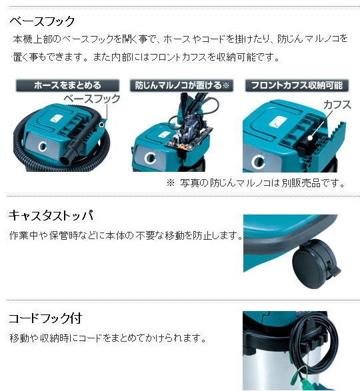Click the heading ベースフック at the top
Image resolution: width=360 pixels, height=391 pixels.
[42, 21]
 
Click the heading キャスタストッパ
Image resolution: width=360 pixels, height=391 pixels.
[51, 215]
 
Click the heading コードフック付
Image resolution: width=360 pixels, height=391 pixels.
[45, 318]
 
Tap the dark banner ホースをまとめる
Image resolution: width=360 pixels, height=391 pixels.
[67, 85]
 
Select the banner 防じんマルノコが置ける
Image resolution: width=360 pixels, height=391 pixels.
[182, 85]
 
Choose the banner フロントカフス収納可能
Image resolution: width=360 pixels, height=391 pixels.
[297, 85]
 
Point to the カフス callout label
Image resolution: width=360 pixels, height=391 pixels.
[337, 105]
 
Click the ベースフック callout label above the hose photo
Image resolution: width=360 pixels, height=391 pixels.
[92, 99]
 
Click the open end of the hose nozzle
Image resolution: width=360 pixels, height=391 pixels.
[65, 158]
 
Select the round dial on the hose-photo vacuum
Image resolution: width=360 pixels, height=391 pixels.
[43, 146]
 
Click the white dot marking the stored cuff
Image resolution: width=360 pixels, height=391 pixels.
[310, 138]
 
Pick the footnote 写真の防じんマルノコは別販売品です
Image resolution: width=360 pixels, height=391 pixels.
[263, 183]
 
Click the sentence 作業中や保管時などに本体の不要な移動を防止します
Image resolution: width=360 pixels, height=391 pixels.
[125, 235]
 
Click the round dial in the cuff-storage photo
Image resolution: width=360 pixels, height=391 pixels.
[257, 162]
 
